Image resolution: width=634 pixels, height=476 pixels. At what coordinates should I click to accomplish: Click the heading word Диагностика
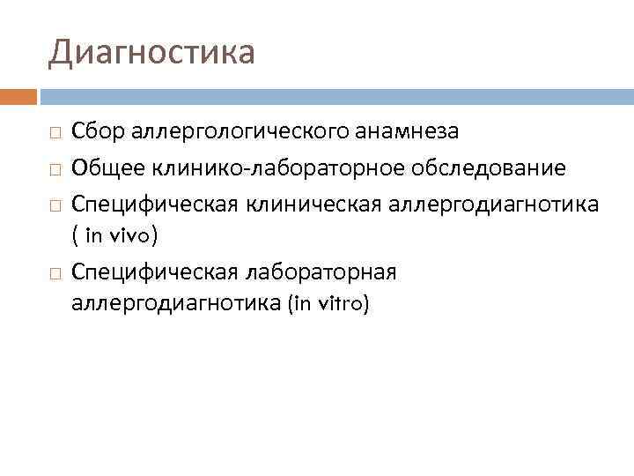coord(151,52)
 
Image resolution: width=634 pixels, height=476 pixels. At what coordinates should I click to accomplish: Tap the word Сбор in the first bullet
coord(100,132)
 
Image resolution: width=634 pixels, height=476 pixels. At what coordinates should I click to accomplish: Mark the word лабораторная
coord(323,272)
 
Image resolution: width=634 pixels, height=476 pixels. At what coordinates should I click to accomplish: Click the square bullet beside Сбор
coord(55,133)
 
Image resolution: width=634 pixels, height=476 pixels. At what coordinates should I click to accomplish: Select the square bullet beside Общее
coord(55,168)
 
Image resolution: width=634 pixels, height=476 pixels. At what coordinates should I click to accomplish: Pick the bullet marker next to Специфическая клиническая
coord(55,205)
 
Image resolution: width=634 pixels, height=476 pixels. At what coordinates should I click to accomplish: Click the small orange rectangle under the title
coord(18,94)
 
